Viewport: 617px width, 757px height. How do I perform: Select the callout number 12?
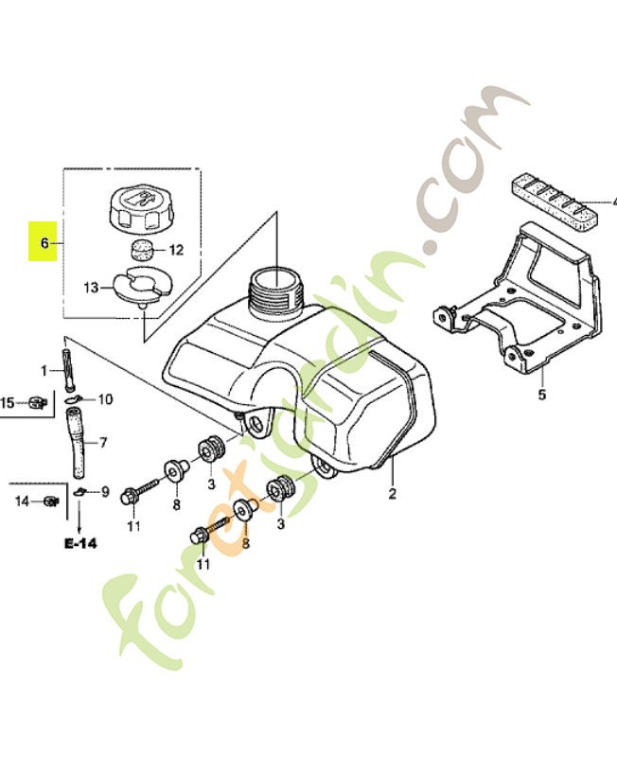[176, 250]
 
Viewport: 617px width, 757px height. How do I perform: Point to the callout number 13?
[91, 287]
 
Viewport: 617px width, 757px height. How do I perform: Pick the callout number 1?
[44, 369]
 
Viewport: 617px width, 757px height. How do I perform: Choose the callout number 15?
[7, 403]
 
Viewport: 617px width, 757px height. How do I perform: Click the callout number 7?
[103, 442]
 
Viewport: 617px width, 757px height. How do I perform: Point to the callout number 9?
[105, 491]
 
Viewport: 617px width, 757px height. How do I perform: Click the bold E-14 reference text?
[80, 544]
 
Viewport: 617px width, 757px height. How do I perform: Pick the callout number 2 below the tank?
[391, 494]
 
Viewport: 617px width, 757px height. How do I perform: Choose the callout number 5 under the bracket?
[542, 395]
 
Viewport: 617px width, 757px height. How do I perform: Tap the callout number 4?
[611, 202]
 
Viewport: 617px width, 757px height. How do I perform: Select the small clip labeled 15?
[37, 402]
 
